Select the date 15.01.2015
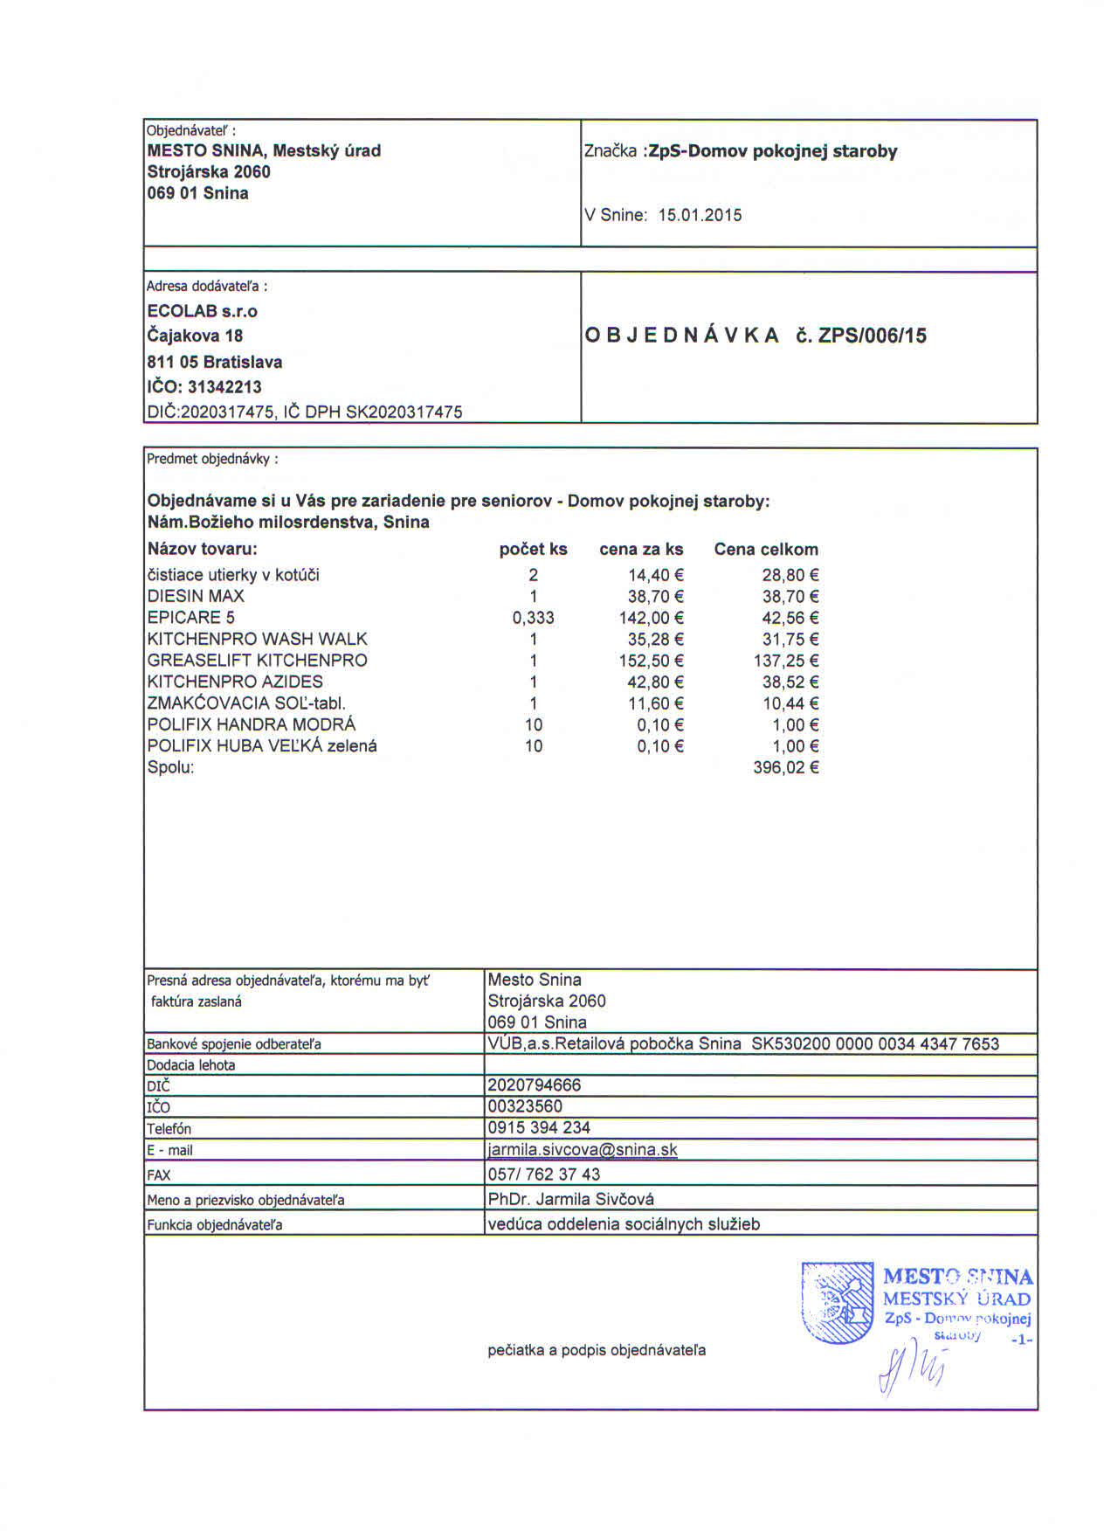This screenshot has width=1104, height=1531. [x=700, y=215]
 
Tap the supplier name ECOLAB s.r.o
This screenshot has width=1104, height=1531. [x=203, y=311]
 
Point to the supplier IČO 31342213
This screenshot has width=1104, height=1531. [x=224, y=387]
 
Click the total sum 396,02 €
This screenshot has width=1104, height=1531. [x=785, y=768]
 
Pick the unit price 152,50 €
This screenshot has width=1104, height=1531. [x=651, y=661]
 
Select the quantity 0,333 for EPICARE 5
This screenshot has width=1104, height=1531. [x=533, y=618]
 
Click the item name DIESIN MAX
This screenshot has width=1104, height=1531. [x=196, y=596]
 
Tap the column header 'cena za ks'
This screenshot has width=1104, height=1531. [x=641, y=550]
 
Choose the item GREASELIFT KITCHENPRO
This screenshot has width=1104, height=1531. [x=257, y=661]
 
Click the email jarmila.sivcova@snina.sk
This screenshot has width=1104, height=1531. [x=583, y=1150]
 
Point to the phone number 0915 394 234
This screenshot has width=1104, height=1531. [x=539, y=1128]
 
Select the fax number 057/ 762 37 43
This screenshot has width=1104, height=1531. [x=543, y=1174]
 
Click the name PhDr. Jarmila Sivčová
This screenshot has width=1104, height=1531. [x=570, y=1199]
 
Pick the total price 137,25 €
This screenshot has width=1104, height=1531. [x=785, y=661]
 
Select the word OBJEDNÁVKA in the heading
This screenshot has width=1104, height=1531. [x=681, y=336]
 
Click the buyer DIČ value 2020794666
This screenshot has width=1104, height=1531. [x=534, y=1085]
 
